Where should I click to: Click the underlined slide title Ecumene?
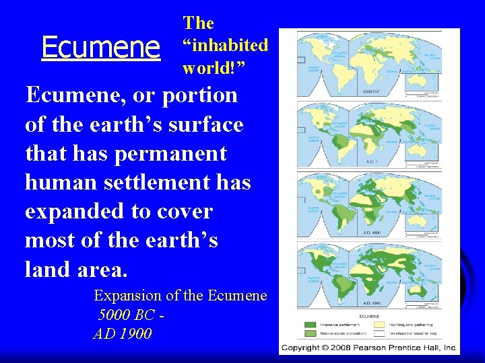pos(100,47)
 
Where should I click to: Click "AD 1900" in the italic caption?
pos(122,333)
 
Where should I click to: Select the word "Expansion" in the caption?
pos(128,296)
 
